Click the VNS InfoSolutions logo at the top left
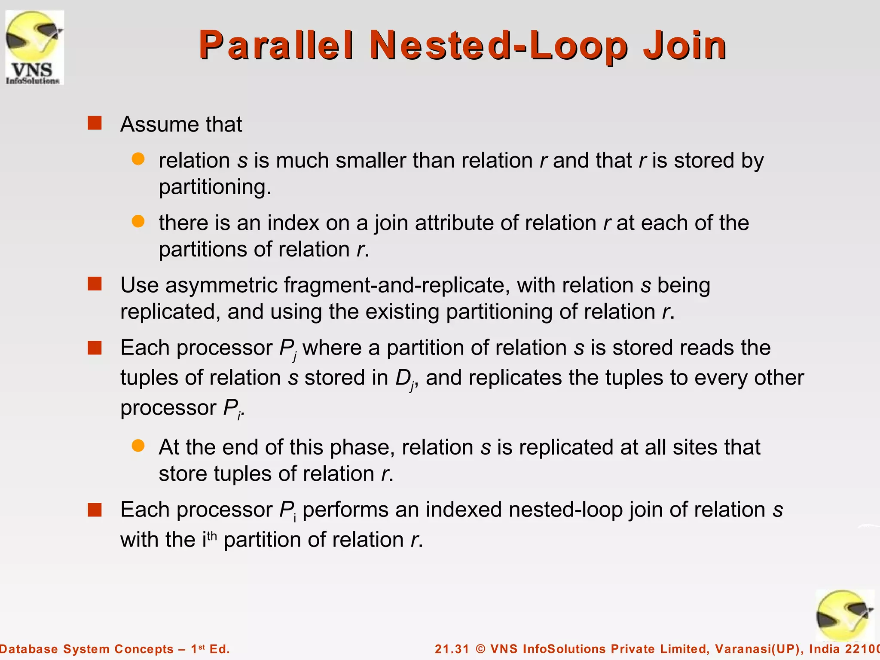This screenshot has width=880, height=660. pos(34,47)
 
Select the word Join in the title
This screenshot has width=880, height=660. pos(684,45)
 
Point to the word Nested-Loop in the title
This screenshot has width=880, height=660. pos(498,45)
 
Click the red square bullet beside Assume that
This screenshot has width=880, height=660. pos(95,123)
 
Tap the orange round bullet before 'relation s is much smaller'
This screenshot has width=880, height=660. pos(138,159)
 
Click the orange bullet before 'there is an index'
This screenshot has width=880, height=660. pos(138,222)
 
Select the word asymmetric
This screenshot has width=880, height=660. pos(221,286)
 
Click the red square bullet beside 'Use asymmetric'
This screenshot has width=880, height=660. pos(95,284)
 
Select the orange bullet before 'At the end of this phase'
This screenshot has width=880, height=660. pos(138,446)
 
